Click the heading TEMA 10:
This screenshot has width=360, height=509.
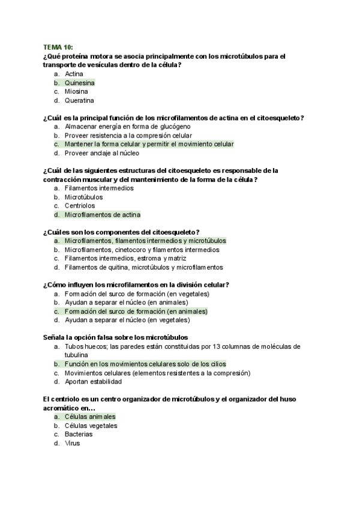[x=57, y=47]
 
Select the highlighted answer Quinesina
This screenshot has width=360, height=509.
[x=79, y=83]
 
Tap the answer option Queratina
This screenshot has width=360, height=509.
[x=79, y=101]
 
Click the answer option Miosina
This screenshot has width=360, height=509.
[x=76, y=92]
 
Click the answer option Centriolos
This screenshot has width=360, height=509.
[x=80, y=206]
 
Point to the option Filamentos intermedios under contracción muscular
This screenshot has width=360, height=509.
[x=99, y=188]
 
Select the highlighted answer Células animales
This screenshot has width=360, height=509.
[x=90, y=417]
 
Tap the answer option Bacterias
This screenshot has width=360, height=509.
[x=79, y=435]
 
